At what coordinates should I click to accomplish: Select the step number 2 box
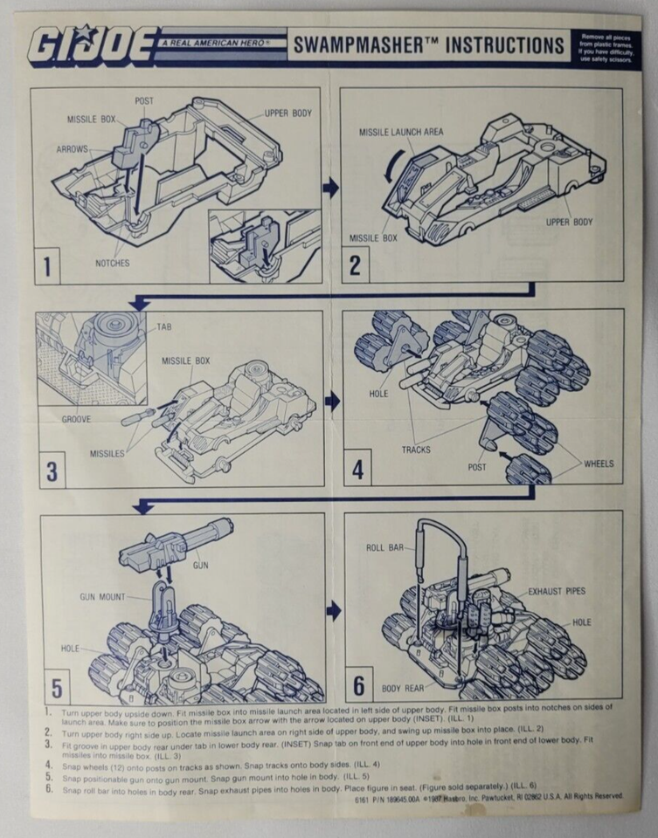[x=355, y=264]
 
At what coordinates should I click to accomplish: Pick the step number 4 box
[x=357, y=470]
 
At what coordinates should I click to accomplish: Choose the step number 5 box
[x=56, y=688]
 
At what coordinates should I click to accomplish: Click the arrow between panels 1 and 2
[x=331, y=186]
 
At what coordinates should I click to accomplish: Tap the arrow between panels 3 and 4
[x=332, y=401]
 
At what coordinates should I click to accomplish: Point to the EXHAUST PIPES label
[x=557, y=591]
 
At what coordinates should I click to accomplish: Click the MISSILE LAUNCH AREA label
[x=401, y=132]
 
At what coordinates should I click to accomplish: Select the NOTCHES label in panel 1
[x=113, y=262]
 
